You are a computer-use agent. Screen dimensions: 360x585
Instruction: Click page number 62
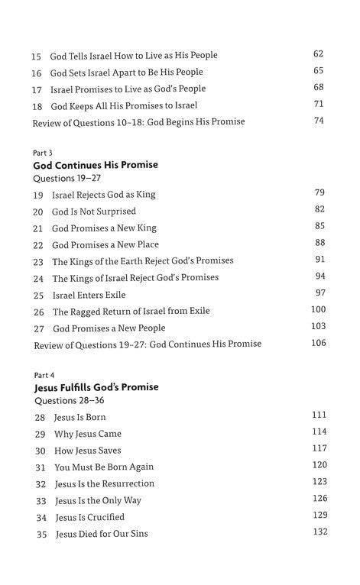pos(319,53)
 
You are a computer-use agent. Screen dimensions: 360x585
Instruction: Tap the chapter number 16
pos(36,73)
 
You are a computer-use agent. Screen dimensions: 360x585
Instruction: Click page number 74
pos(319,121)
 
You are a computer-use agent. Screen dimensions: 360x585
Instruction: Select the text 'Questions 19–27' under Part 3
pos(66,178)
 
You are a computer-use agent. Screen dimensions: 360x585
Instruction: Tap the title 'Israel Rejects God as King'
pos(103,195)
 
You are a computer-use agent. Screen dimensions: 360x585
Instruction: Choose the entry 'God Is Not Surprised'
pos(94,212)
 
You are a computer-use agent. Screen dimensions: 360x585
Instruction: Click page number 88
pos(319,243)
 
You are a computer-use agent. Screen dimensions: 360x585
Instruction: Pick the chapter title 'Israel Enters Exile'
pos(89,295)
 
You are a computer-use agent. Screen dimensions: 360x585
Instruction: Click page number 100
pos(318,309)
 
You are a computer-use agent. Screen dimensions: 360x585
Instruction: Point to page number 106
pos(318,343)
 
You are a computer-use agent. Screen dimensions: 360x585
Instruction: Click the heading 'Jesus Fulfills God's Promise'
pos(96,388)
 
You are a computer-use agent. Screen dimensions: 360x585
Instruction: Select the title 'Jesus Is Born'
pos(80,418)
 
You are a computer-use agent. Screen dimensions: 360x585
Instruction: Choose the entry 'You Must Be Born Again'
pos(104,467)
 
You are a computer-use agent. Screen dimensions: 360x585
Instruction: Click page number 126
pos(319,499)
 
